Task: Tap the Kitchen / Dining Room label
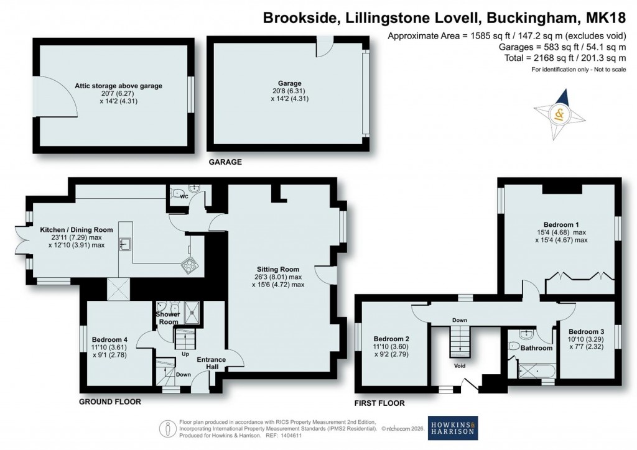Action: [x=77, y=230]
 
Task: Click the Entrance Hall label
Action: [x=212, y=363]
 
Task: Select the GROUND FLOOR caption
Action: [x=110, y=402]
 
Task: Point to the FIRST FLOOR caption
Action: [x=379, y=403]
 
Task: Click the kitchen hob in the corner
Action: [x=189, y=267]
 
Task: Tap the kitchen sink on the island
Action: [x=126, y=244]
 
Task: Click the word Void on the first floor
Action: [x=460, y=366]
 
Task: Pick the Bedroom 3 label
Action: [x=587, y=331]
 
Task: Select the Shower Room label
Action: [x=167, y=318]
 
